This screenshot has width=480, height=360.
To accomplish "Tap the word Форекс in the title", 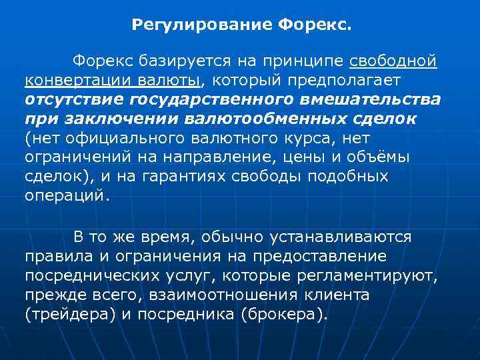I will point(312,26).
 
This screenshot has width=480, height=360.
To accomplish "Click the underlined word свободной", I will point(393,62).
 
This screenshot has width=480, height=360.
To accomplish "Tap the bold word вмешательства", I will point(378,99).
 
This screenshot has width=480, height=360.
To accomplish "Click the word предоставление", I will point(330,256).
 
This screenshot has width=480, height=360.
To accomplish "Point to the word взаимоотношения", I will point(237,294).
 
